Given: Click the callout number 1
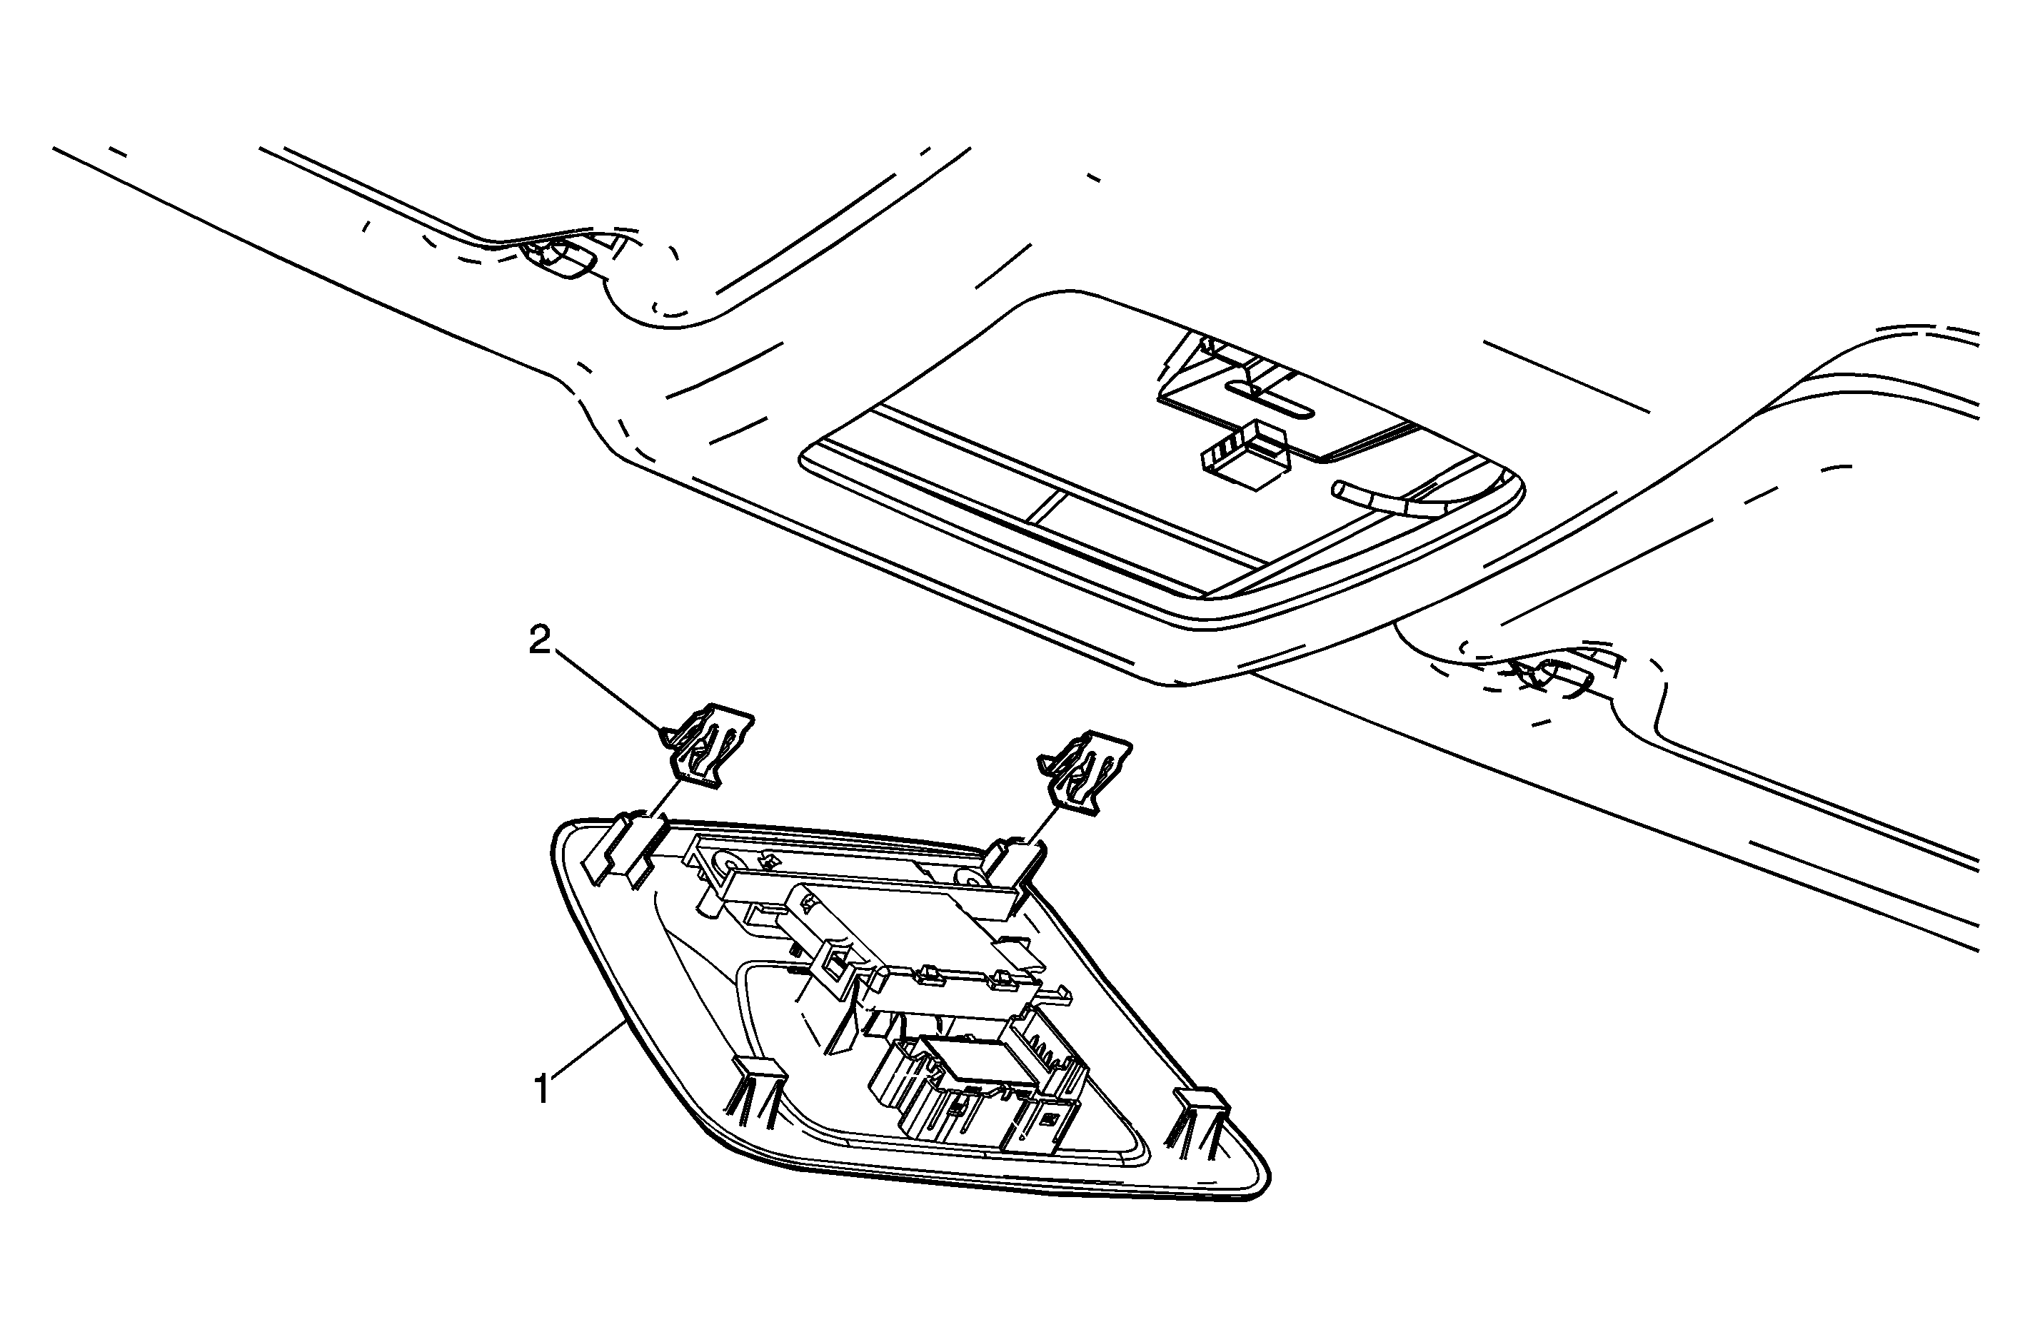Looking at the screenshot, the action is [541, 1090].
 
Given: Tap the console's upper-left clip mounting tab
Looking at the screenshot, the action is [623, 851].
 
